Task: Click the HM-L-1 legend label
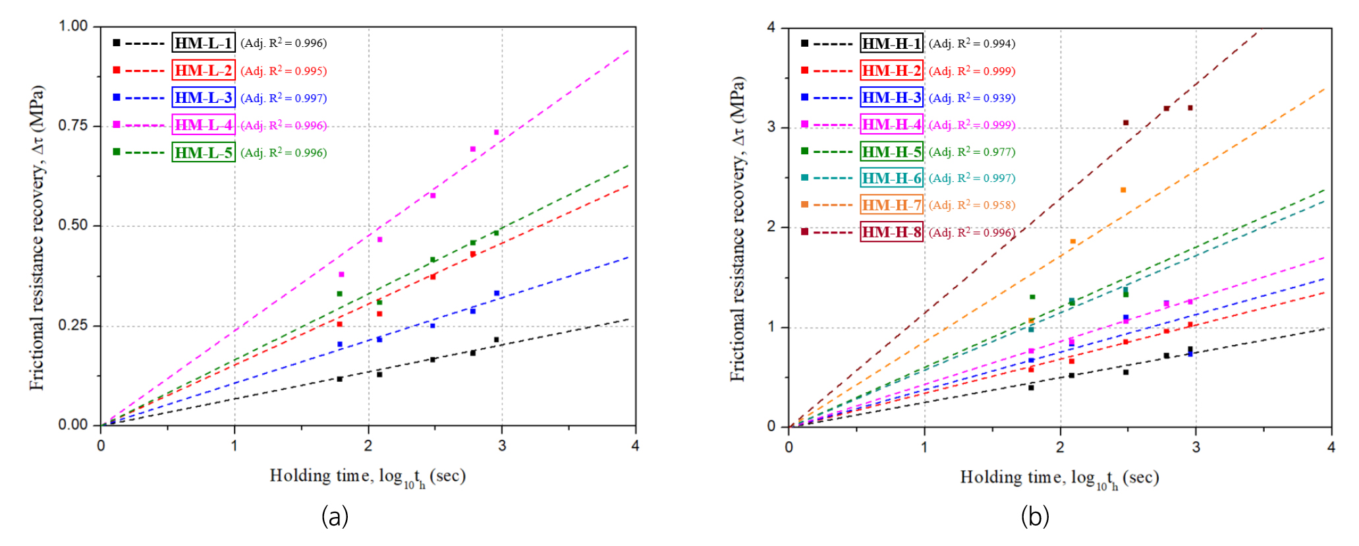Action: pyautogui.click(x=204, y=43)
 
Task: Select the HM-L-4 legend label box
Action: pyautogui.click(x=204, y=125)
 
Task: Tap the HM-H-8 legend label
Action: pyautogui.click(x=891, y=232)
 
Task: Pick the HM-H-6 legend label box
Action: pyautogui.click(x=891, y=178)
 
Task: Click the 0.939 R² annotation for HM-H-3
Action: pyautogui.click(x=972, y=98)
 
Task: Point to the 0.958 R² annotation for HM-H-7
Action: pyautogui.click(x=972, y=205)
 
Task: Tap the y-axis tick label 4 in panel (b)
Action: pyautogui.click(x=771, y=28)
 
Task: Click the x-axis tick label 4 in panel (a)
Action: pyautogui.click(x=635, y=446)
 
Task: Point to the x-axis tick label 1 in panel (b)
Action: pyautogui.click(x=924, y=447)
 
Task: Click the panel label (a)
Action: pyautogui.click(x=335, y=516)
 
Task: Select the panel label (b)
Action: pyautogui.click(x=1035, y=516)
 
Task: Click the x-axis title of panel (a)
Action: pyautogui.click(x=368, y=477)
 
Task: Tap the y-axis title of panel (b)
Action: pyautogui.click(x=738, y=228)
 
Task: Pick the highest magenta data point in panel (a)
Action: pyautogui.click(x=497, y=133)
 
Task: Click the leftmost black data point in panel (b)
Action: pyautogui.click(x=1031, y=388)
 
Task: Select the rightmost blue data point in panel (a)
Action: pyautogui.click(x=497, y=293)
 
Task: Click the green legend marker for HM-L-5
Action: pyautogui.click(x=117, y=152)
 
